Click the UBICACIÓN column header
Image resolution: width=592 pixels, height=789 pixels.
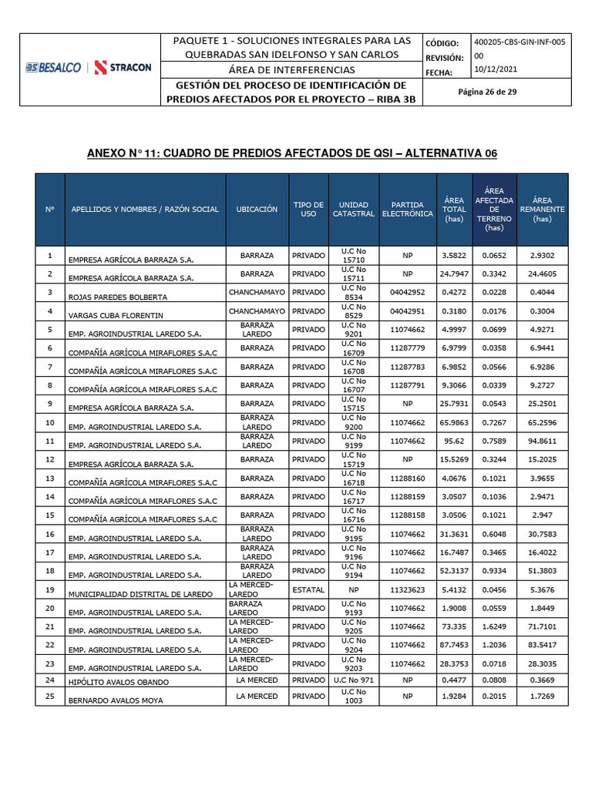tap(257, 210)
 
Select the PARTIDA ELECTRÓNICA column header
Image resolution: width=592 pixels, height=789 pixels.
tap(407, 210)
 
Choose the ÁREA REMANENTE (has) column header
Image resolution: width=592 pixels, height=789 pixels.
tap(542, 210)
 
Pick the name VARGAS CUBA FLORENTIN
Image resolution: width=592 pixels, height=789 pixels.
tap(118, 315)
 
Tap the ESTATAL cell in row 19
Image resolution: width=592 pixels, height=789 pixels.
tap(308, 589)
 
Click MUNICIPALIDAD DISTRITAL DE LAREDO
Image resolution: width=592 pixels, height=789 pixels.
tap(135, 594)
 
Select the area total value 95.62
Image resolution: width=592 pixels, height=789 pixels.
tap(453, 441)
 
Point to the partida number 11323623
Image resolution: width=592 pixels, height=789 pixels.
tap(407, 589)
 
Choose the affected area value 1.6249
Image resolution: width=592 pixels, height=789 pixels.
tap(493, 626)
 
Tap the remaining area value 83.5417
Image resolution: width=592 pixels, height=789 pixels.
tap(542, 645)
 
